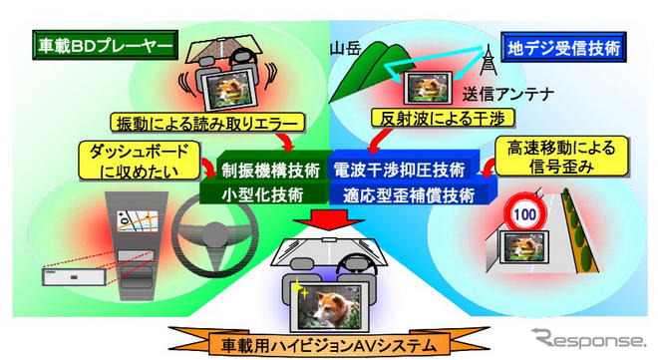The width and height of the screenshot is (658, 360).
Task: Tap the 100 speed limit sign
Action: coord(521,213)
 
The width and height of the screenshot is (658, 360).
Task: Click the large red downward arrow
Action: coord(328,220)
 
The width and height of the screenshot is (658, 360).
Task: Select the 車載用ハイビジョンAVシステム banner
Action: coord(323,344)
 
